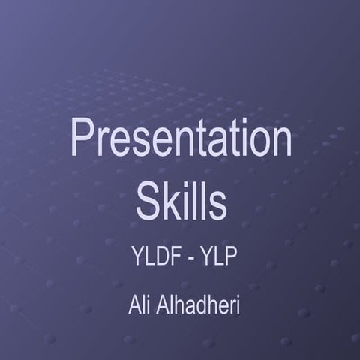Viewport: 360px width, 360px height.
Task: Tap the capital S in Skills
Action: [x=147, y=196]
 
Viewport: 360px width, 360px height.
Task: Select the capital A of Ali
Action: [x=134, y=307]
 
